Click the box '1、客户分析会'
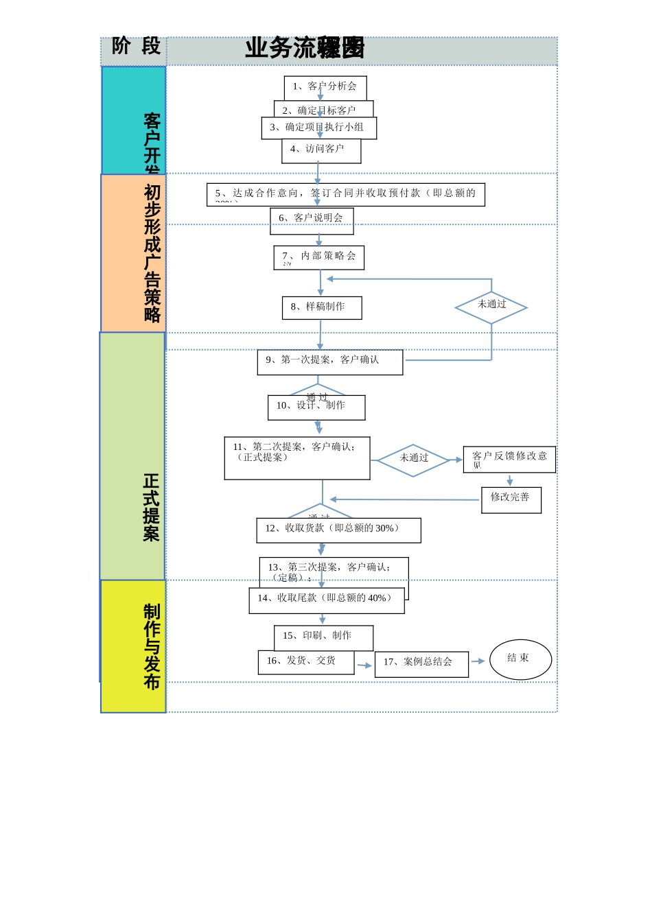(325, 86)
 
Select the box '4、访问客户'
(321, 151)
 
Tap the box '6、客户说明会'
(312, 220)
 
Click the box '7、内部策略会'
(318, 257)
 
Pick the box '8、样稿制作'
(322, 307)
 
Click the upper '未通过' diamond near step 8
(491, 307)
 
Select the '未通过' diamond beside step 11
(413, 460)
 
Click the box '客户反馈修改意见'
(509, 459)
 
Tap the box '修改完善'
(511, 499)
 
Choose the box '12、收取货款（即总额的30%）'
(338, 530)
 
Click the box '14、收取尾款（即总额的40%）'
(327, 600)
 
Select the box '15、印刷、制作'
(323, 637)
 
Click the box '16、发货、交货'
(306, 662)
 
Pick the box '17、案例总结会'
(421, 664)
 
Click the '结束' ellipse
(520, 659)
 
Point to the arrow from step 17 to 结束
(478, 661)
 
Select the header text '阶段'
(135, 47)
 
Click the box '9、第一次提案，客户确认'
(330, 362)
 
